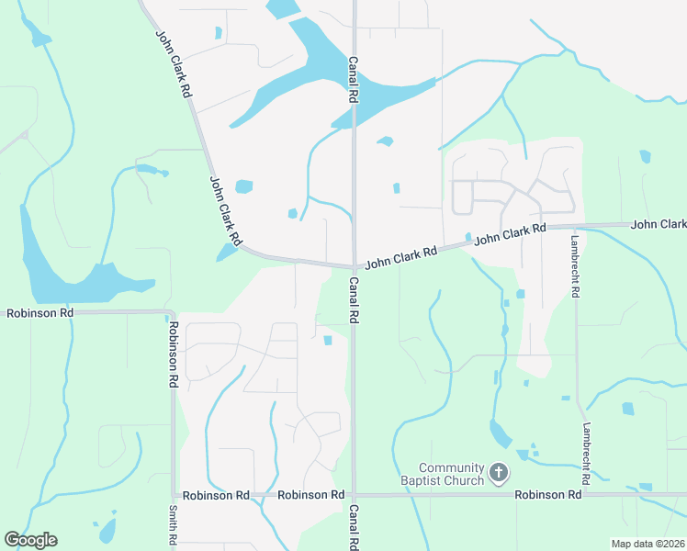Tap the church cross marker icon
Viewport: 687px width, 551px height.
[499, 473]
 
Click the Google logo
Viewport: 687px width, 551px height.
[30, 540]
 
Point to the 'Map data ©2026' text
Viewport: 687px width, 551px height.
[647, 544]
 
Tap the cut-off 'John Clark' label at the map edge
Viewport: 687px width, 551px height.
[659, 224]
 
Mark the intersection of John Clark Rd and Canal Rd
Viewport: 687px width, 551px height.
[354, 266]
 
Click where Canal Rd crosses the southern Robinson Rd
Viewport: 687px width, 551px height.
[354, 495]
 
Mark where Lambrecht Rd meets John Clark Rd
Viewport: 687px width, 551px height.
[576, 225]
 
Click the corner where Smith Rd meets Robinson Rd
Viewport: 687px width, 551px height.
[174, 495]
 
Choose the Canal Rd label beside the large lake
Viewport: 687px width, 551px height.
[353, 78]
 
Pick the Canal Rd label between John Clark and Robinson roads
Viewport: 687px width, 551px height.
[353, 301]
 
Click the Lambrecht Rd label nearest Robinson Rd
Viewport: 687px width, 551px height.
[584, 454]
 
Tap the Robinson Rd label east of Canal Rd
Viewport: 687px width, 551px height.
[548, 494]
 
